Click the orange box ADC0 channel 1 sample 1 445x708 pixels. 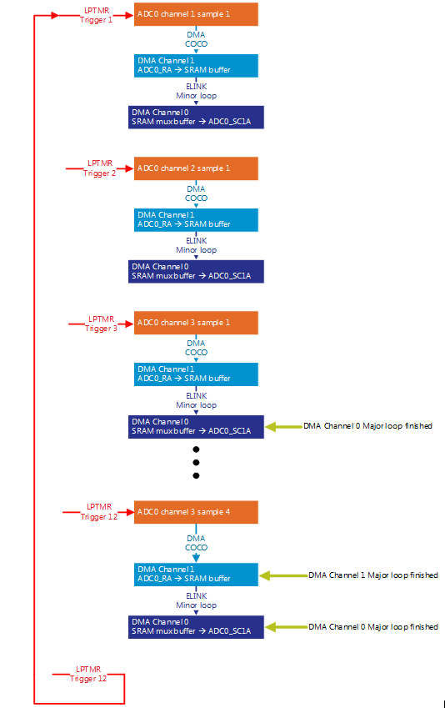(x=196, y=15)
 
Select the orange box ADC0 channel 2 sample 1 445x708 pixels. (x=196, y=168)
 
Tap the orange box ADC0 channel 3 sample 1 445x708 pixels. (x=196, y=323)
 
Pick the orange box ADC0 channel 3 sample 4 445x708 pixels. (x=196, y=512)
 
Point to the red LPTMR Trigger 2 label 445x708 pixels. (x=100, y=168)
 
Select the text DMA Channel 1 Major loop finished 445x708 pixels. (x=372, y=575)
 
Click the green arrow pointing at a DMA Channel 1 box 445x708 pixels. (x=283, y=575)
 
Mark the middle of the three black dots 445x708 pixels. (x=196, y=461)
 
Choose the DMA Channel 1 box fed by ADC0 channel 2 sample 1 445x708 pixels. (x=196, y=219)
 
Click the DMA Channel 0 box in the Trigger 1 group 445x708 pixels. (x=196, y=117)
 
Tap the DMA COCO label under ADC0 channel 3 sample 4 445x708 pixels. (x=196, y=543)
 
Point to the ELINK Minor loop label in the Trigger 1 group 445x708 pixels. (x=196, y=91)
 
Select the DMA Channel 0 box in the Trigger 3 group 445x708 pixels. (x=196, y=426)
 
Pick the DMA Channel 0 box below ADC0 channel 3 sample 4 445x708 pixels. (x=196, y=627)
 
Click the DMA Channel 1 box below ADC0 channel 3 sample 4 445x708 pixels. (x=196, y=575)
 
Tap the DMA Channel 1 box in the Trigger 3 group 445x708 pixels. (x=196, y=374)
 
